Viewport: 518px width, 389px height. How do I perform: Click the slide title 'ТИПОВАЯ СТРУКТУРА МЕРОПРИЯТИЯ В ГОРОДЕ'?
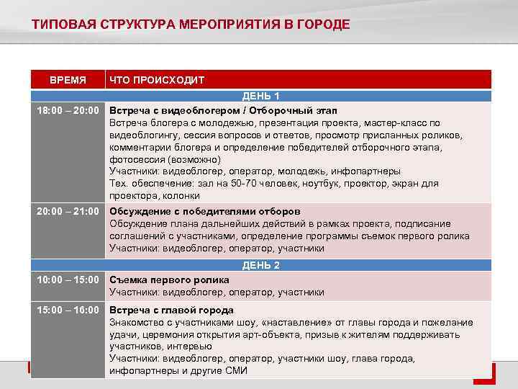coord(191,25)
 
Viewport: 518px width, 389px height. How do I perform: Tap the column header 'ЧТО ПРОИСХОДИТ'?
coord(157,80)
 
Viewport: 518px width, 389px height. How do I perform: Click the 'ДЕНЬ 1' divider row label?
coord(261,96)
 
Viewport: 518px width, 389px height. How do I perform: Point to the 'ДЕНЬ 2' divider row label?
coord(261,265)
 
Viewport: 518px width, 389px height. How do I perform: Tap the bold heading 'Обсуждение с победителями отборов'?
coord(204,212)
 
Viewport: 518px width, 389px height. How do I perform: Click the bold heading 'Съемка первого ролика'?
coord(169,280)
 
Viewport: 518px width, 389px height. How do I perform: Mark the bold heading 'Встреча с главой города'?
coord(171,310)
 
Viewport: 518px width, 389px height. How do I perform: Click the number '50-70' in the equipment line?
coord(241,184)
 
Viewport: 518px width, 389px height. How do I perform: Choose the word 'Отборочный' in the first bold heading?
coord(273,110)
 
